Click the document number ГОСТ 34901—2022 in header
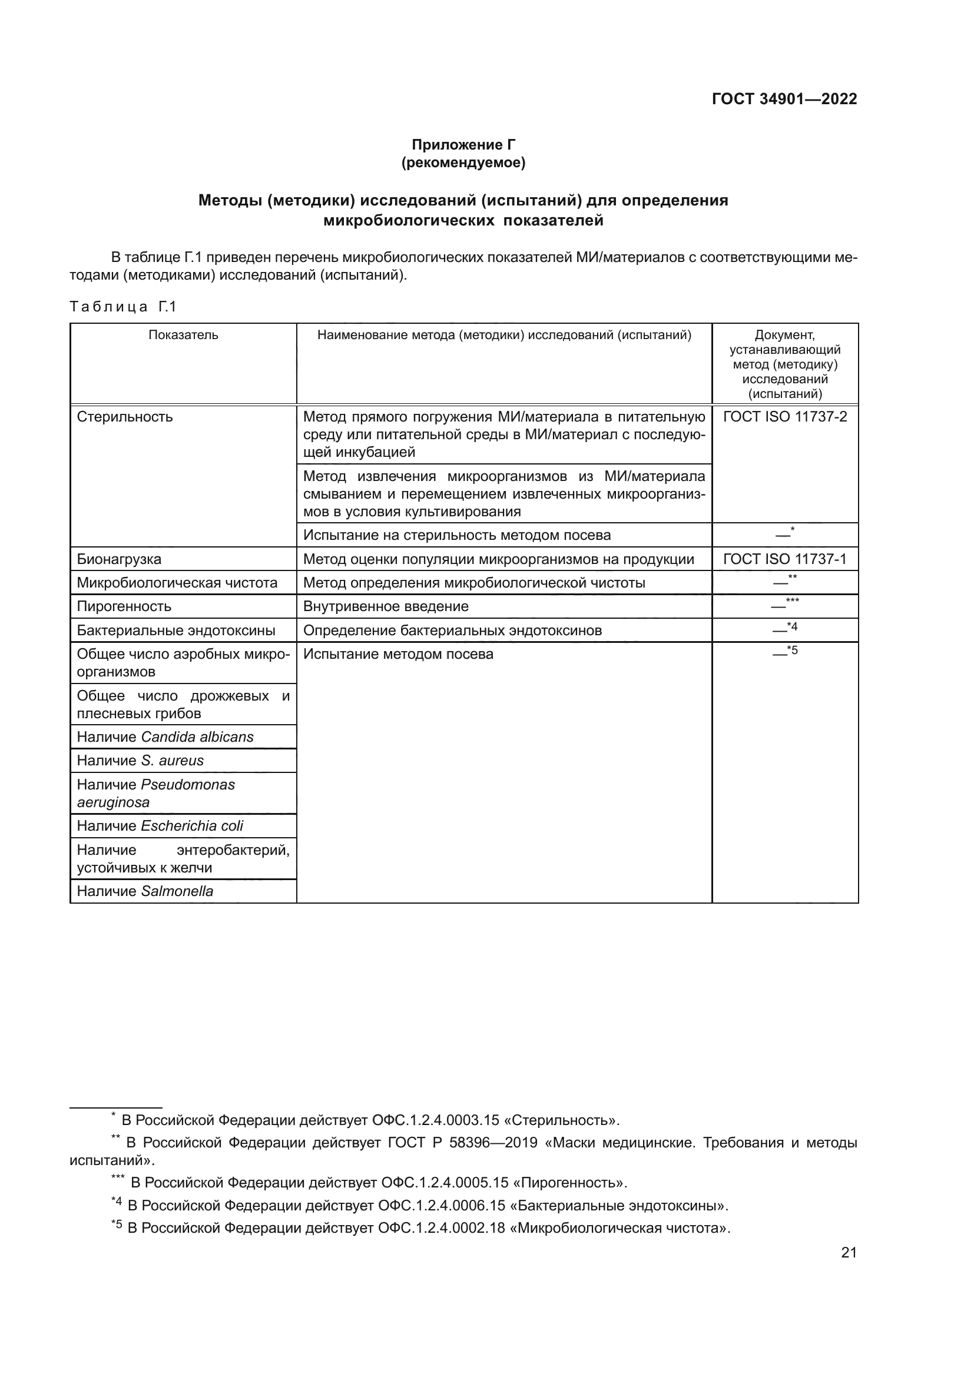point(784,99)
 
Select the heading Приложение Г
point(463,145)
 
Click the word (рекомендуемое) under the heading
point(463,162)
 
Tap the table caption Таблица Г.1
point(123,307)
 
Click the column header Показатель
point(183,335)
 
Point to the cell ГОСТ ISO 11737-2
point(784,417)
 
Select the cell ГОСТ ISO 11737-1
point(784,559)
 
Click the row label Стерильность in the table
point(125,417)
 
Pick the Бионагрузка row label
point(119,559)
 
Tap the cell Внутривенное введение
point(386,606)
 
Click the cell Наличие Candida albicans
point(165,737)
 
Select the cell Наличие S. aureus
point(140,761)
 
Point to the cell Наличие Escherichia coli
point(160,827)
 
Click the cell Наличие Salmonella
point(144,892)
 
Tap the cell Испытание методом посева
point(398,654)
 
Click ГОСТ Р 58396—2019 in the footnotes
point(462,1143)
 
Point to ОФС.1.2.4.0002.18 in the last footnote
point(440,1228)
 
